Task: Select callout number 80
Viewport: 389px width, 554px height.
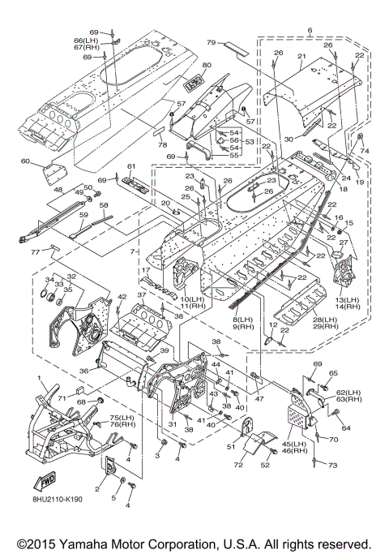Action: pos(207,65)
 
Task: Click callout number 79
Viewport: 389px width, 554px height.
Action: pos(211,42)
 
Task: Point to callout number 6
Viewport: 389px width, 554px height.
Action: pos(310,30)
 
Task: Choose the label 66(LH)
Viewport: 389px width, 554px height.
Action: pos(86,41)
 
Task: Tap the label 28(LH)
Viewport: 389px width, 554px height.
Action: pos(325,320)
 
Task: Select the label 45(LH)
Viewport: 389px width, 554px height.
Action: pos(294,444)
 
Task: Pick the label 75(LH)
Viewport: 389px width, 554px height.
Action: pos(123,417)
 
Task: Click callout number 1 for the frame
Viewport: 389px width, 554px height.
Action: pos(39,379)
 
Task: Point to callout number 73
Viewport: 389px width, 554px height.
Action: pos(333,466)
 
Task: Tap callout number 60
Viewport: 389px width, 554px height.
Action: pos(25,161)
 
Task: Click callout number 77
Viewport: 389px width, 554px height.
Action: pos(36,251)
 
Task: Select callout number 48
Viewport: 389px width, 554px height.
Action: pos(58,191)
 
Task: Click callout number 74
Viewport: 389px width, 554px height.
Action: pos(365,151)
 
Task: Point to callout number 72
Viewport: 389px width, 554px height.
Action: pos(238,465)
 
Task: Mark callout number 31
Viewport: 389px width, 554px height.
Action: pos(173,424)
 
